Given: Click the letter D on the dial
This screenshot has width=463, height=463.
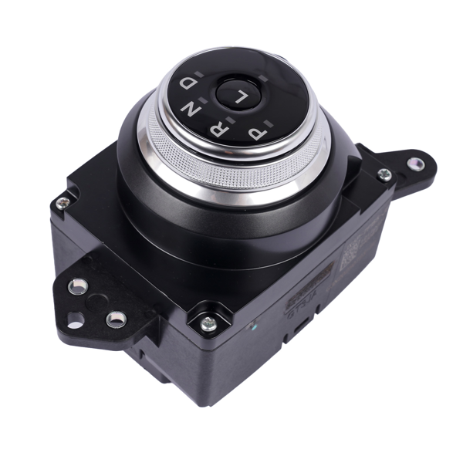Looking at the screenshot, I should click(x=188, y=82).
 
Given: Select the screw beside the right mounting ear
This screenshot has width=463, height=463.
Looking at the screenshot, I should click(x=384, y=174).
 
